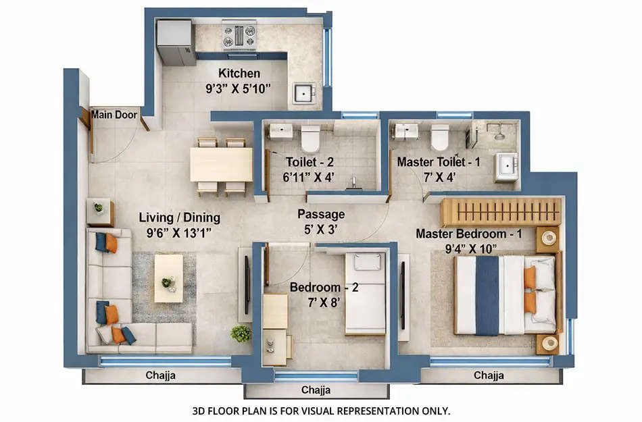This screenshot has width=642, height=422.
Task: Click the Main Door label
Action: pyautogui.click(x=114, y=115)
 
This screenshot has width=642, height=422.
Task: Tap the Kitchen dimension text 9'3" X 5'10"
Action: pyautogui.click(x=239, y=88)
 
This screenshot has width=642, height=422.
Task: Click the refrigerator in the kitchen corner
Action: pyautogui.click(x=176, y=42)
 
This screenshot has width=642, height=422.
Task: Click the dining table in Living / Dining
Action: pyautogui.click(x=221, y=164)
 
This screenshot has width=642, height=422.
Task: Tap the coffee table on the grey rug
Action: pyautogui.click(x=168, y=278)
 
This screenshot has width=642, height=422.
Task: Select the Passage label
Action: pyautogui.click(x=321, y=214)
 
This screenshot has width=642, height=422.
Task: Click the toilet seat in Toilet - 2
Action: pyautogui.click(x=310, y=138)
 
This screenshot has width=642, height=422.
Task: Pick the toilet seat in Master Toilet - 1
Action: pyautogui.click(x=440, y=137)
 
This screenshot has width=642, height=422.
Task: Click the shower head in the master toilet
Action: pyautogui.click(x=499, y=136)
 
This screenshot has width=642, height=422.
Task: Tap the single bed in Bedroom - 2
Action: pyautogui.click(x=366, y=294)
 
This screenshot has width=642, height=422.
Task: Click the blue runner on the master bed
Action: pyautogui.click(x=487, y=294)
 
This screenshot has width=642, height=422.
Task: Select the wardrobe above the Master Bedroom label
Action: pyautogui.click(x=501, y=212)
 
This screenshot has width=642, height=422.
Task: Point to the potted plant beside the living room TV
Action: pyautogui.click(x=241, y=333)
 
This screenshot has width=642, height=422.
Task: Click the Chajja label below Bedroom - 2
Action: pyautogui.click(x=316, y=390)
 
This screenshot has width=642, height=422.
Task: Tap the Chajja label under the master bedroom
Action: pyautogui.click(x=488, y=375)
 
